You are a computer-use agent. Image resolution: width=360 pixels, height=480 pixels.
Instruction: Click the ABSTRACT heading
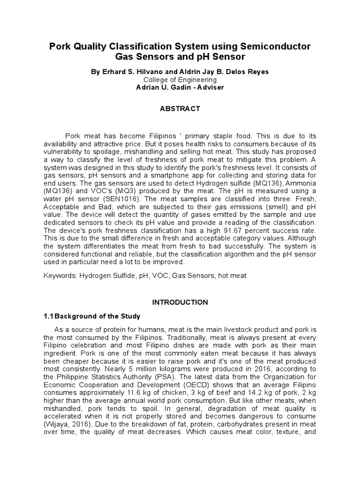[x=180, y=109]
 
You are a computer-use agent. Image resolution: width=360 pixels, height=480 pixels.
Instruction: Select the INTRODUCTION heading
[x=180, y=302]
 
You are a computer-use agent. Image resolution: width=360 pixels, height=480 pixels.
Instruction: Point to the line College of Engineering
[x=180, y=80]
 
